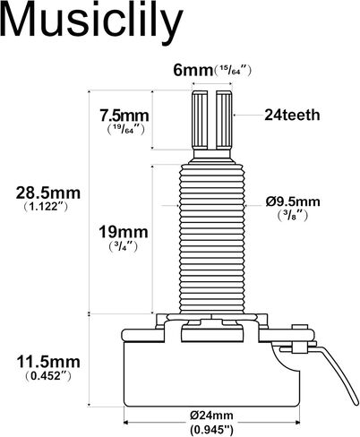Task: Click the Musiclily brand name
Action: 91,23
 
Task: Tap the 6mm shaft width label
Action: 193,71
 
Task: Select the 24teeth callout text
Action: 292,115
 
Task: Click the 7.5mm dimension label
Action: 124,116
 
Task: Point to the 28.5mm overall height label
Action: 48,193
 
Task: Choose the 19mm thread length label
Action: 124,232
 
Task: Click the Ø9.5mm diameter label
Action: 293,202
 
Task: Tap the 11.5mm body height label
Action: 48,363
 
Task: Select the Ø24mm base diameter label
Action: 211,416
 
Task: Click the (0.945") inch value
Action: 211,430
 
